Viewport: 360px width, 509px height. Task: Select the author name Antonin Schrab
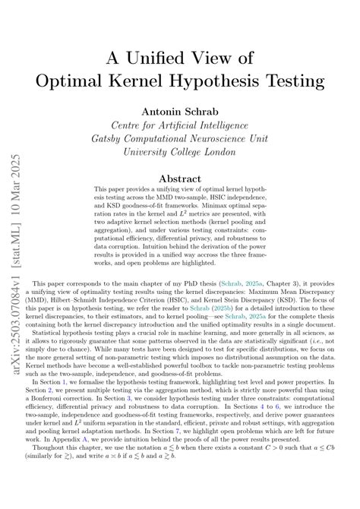click(x=180, y=109)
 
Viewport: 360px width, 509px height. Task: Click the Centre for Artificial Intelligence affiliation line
click(x=180, y=125)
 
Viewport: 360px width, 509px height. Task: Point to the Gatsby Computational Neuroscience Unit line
click(x=180, y=138)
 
